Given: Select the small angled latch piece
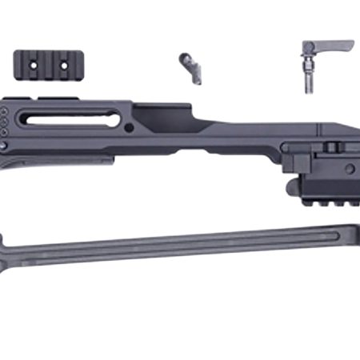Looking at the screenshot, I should coord(190,69).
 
